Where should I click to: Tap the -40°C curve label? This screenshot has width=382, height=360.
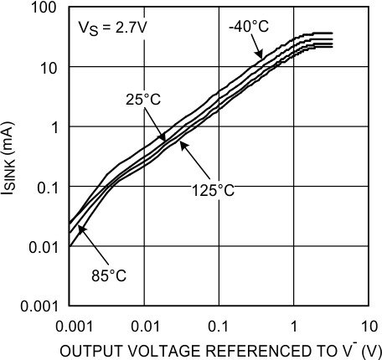[249, 27]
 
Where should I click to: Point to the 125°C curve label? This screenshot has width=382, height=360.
[211, 189]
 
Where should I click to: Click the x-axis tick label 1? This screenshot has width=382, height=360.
[294, 323]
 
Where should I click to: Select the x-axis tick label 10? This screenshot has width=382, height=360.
[369, 323]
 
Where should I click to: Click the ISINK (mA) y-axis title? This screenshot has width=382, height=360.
[12, 157]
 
